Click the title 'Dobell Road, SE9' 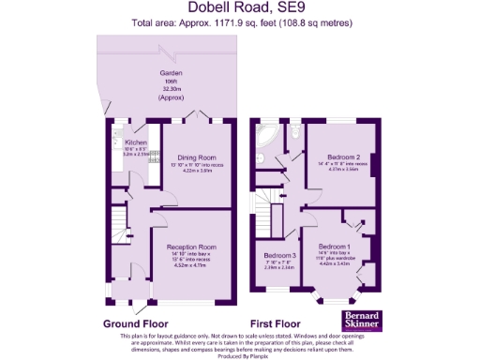point(239,7)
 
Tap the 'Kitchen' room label point(136,142)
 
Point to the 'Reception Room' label point(194,246)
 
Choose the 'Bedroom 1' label point(336,246)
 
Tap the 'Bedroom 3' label point(278,255)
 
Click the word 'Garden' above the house point(170,72)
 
